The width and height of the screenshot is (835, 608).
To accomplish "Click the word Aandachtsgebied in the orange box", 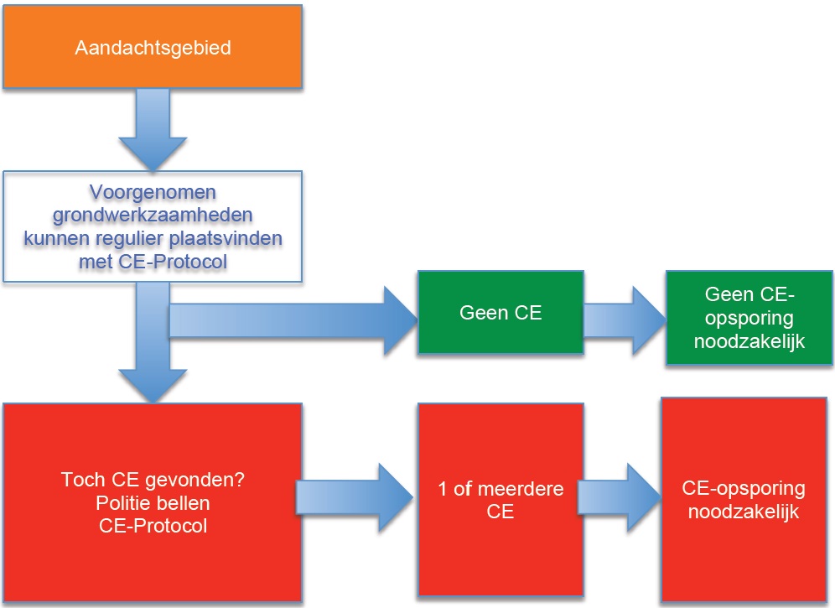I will click(153, 48).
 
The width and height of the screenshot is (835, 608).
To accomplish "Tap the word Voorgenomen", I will click(153, 194).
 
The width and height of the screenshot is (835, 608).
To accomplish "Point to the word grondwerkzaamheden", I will click(153, 216).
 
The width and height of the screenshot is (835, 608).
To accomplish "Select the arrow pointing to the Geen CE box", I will click(293, 321).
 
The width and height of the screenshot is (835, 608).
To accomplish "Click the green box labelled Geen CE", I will click(500, 313).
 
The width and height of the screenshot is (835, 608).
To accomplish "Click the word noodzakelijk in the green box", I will click(750, 341).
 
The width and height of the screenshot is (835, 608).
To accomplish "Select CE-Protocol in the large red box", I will click(153, 526).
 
